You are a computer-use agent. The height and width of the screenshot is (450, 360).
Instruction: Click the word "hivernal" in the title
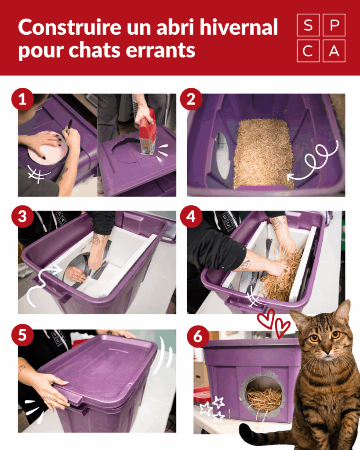(x=239, y=27)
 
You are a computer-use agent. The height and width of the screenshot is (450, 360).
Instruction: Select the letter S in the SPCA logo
(x=308, y=25)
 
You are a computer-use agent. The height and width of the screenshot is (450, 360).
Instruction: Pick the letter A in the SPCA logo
(x=334, y=51)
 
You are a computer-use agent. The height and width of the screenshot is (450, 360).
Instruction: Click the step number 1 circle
(x=23, y=99)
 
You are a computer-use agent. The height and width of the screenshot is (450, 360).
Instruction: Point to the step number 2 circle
(x=191, y=99)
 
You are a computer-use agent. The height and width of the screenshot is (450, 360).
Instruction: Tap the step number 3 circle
(x=23, y=217)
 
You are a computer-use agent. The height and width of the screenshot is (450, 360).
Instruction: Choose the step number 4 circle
(x=191, y=217)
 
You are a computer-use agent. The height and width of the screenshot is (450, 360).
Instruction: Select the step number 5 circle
(x=23, y=335)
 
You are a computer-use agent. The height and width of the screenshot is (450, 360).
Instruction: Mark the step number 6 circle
(x=198, y=336)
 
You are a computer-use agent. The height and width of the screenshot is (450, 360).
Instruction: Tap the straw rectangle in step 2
(x=263, y=154)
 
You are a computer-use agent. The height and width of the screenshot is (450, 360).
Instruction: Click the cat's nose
(x=326, y=350)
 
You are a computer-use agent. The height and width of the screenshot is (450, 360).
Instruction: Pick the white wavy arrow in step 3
(x=44, y=284)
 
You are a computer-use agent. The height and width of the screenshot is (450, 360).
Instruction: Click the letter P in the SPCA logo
(x=334, y=25)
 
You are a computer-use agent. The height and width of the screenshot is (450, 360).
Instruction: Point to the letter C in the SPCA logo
(x=308, y=51)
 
